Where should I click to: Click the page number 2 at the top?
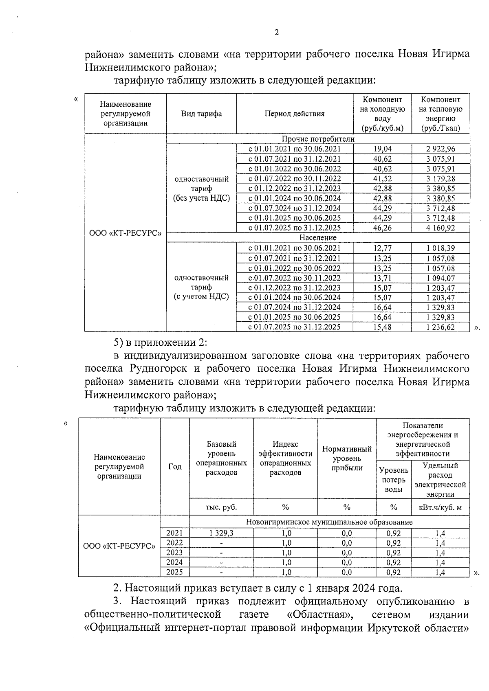[277, 33]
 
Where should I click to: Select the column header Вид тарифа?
[201, 114]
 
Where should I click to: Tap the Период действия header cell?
[294, 114]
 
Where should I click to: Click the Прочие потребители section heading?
[318, 139]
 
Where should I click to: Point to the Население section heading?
[318, 237]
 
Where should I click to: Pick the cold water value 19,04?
[382, 149]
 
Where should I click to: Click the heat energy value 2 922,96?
[441, 149]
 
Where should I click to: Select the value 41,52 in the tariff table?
[382, 179]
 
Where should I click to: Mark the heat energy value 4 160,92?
[441, 228]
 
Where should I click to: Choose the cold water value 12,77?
[382, 248]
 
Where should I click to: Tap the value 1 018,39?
[441, 248]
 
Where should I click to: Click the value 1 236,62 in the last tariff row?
[441, 327]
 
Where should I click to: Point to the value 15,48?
[382, 327]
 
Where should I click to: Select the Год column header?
[175, 467]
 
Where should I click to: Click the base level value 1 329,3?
[221, 533]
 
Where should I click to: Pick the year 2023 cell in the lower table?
[175, 553]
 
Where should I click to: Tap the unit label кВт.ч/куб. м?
[440, 507]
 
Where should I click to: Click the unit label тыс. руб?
[221, 507]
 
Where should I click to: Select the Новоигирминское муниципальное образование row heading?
[329, 522]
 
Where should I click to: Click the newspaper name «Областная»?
[317, 614]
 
